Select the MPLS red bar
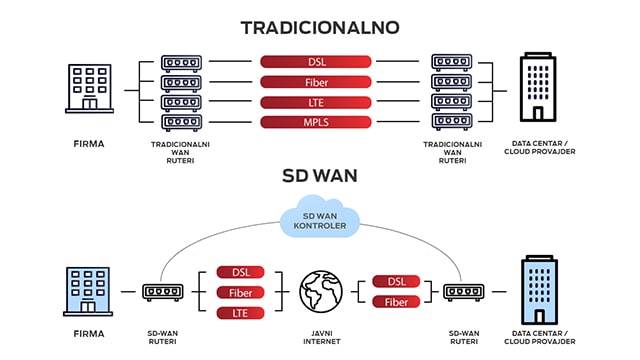[316, 122]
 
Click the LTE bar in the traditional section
[316, 102]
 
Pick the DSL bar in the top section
[316, 62]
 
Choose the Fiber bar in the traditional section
[316, 82]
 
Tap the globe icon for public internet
[321, 291]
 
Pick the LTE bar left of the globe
[241, 313]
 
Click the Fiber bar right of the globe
[395, 302]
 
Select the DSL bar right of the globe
[395, 281]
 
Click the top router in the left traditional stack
[180, 62]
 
